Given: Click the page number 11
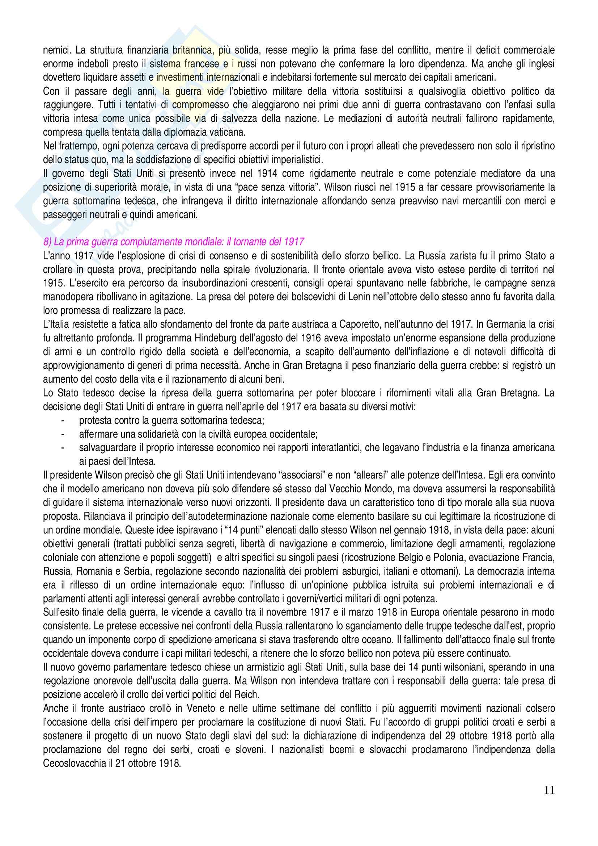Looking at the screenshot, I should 549,800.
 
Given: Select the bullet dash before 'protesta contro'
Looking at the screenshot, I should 63,420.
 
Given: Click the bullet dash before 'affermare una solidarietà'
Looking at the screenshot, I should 63,434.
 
